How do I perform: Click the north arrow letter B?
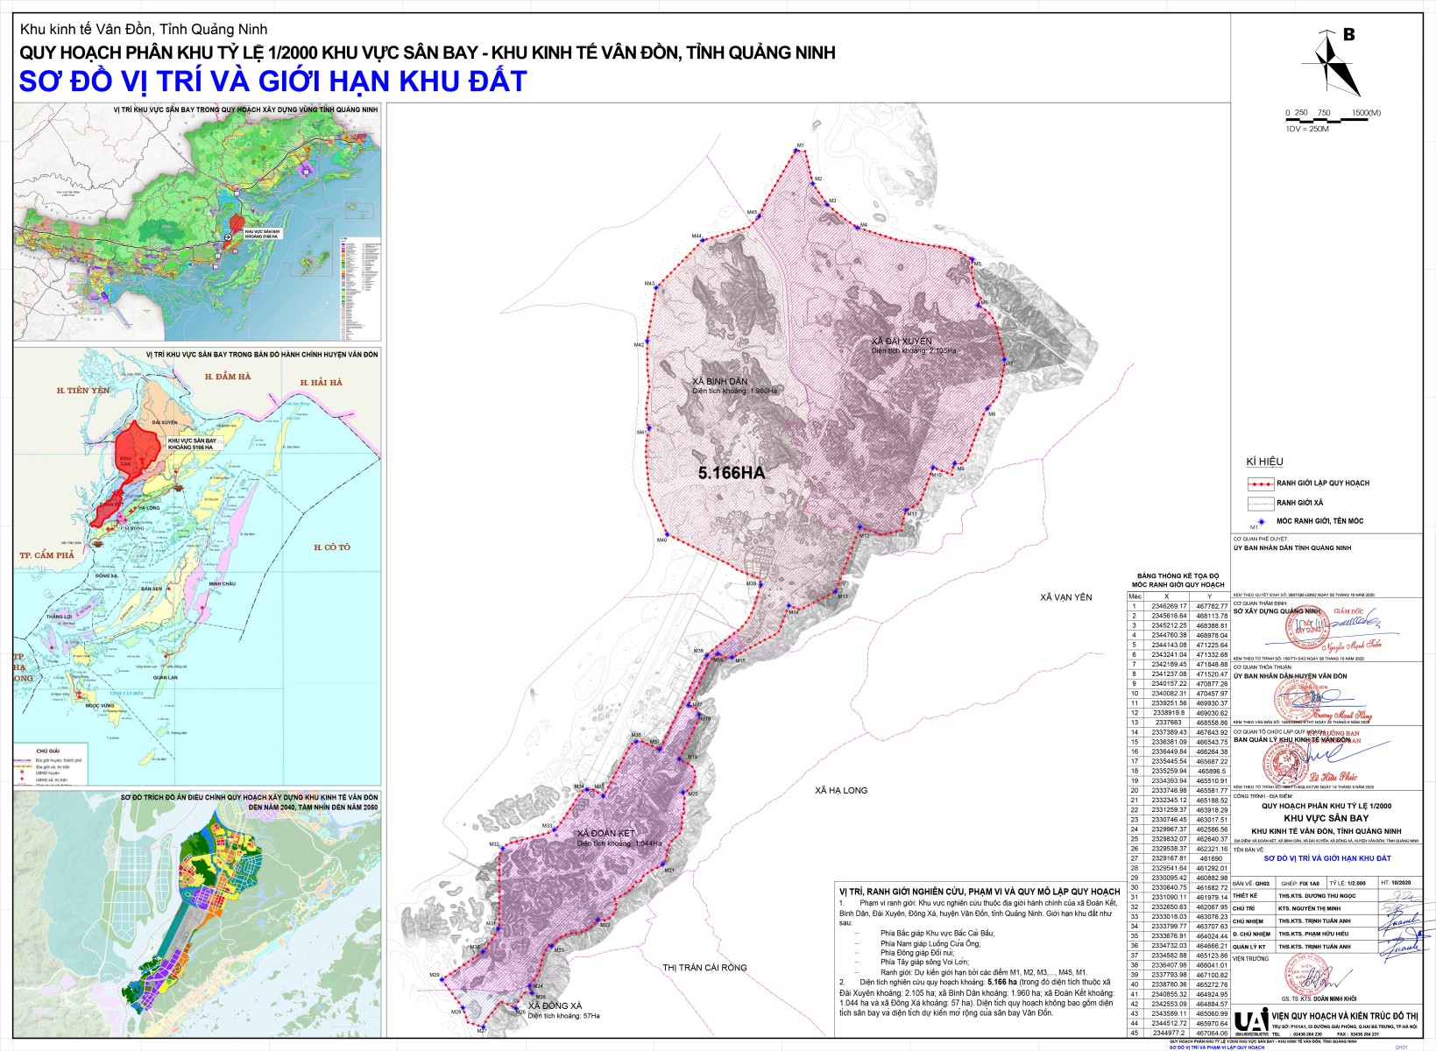pyautogui.click(x=1349, y=35)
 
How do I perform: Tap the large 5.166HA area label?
pyautogui.click(x=731, y=473)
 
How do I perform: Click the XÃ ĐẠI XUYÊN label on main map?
pyautogui.click(x=902, y=341)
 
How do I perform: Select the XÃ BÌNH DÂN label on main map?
pyautogui.click(x=719, y=382)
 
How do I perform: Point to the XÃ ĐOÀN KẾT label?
pyautogui.click(x=605, y=833)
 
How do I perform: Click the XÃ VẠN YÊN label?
pyautogui.click(x=1066, y=597)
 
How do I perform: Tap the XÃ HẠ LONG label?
pyautogui.click(x=840, y=790)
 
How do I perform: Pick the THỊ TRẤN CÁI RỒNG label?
pyautogui.click(x=704, y=967)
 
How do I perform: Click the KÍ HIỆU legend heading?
pyautogui.click(x=1265, y=462)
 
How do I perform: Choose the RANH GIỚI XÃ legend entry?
pyautogui.click(x=1299, y=503)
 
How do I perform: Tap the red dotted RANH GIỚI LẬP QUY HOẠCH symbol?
pyautogui.click(x=1260, y=483)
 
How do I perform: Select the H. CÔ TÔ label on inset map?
pyautogui.click(x=331, y=547)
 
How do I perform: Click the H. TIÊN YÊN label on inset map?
pyautogui.click(x=83, y=391)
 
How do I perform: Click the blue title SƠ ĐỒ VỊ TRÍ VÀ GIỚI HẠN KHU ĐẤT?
pyautogui.click(x=272, y=81)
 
